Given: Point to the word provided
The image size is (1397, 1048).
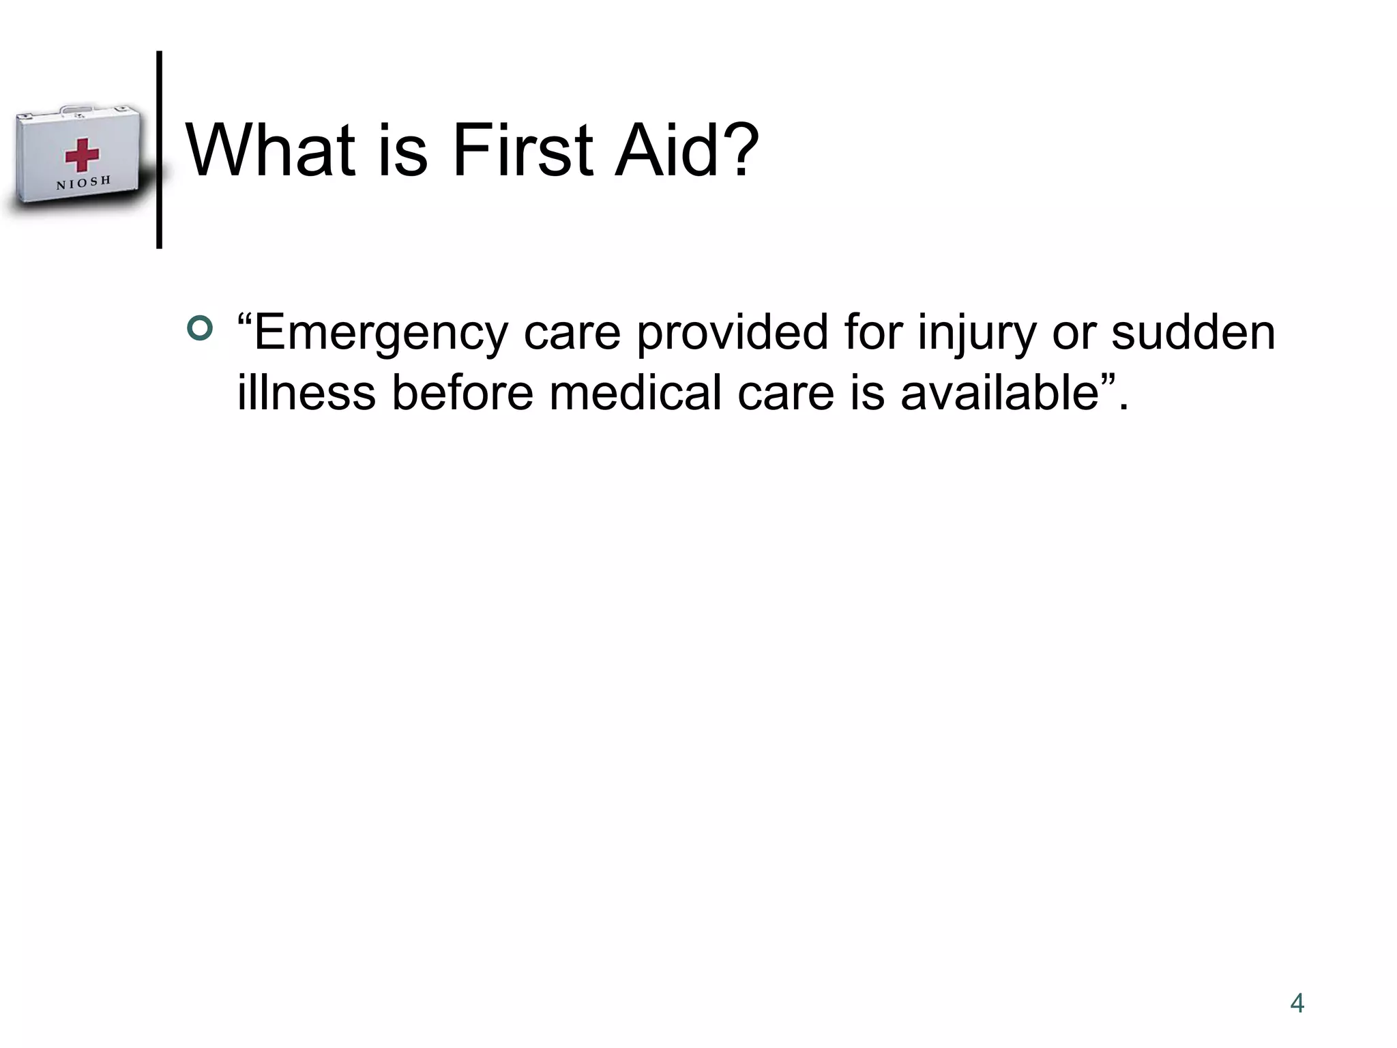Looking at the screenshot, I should point(733,333).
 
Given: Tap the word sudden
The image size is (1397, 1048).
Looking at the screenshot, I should point(1193,333).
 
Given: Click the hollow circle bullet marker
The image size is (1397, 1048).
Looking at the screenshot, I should point(199,329).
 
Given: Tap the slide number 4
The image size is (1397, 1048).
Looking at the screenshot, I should point(1297,1003).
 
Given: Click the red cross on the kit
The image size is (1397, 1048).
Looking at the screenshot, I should point(82,155).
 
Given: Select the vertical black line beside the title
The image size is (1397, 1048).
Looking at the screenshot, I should point(159,150).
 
